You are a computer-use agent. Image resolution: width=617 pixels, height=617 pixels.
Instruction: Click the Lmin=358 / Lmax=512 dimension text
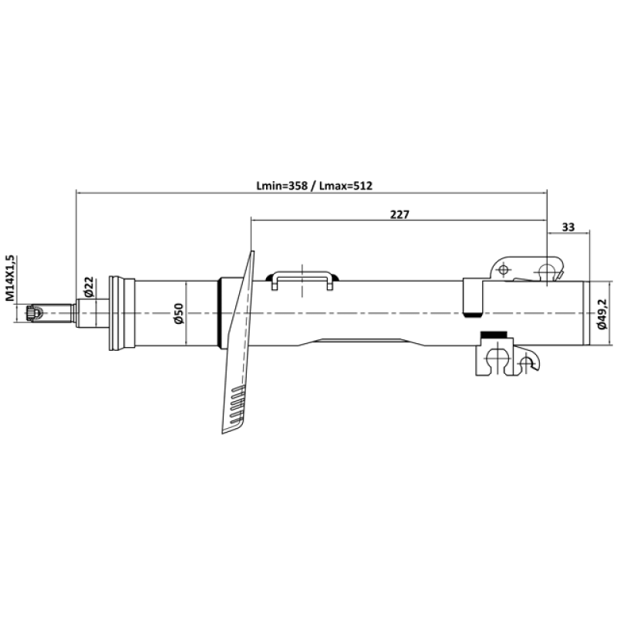(314, 185)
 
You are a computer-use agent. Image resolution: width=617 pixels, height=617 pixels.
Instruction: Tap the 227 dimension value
(400, 214)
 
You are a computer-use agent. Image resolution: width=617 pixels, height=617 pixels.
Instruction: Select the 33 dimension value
(568, 227)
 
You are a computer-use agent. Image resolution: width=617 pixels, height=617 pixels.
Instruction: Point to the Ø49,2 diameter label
(602, 314)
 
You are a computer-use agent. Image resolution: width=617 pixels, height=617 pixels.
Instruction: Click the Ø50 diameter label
(179, 314)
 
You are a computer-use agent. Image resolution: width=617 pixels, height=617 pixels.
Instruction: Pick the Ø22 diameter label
(89, 287)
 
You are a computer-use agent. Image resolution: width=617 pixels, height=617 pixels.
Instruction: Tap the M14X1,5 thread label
(10, 278)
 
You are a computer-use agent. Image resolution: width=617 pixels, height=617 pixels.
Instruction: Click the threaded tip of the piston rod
(34, 313)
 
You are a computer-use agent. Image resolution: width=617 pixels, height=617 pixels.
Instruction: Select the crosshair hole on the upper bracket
(503, 270)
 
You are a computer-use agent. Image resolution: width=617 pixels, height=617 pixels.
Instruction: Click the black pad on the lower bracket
(494, 335)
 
